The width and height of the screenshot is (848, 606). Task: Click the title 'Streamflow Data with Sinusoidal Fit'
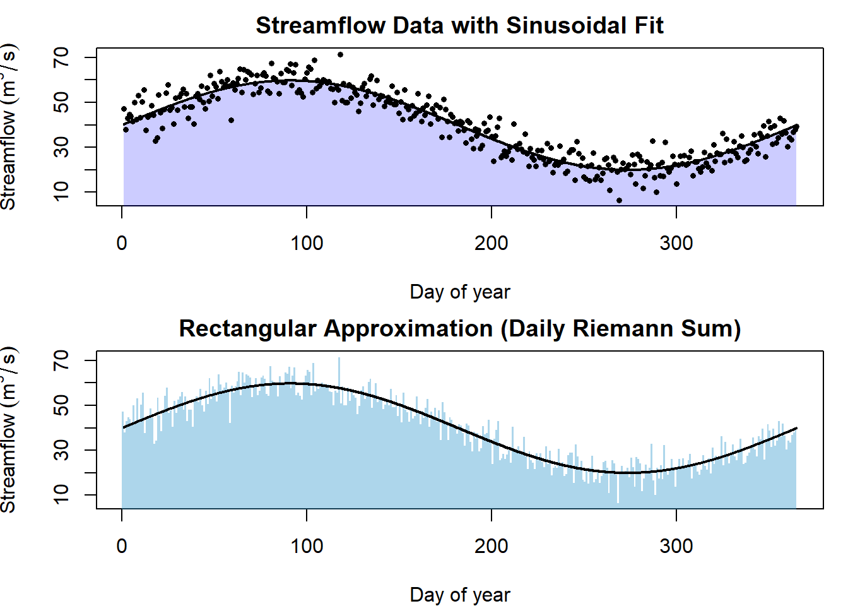459,26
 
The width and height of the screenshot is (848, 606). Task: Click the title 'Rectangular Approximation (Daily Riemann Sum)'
459,329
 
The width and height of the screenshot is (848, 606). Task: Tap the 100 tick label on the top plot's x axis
307,243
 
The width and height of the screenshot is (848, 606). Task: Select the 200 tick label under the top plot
492,243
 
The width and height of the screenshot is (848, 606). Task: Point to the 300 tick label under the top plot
676,243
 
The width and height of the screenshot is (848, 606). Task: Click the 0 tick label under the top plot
122,243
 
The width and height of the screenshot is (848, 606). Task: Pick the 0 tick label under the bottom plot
122,546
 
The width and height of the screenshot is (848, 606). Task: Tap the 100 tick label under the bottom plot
307,546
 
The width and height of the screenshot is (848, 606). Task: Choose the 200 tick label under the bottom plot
492,546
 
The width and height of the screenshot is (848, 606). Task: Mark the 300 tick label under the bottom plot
676,546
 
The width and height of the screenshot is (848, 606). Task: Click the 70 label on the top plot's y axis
61,57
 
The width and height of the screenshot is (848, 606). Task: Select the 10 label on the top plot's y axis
61,191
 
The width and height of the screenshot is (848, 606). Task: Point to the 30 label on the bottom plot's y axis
61,450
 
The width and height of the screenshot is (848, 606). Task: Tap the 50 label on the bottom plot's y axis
61,405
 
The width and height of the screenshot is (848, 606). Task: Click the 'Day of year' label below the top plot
459,292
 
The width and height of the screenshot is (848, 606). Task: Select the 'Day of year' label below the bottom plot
459,595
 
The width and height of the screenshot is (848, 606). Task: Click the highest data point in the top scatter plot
340,55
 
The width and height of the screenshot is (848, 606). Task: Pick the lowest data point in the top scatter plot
619,201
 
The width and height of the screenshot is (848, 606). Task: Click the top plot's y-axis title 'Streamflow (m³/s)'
9,126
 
